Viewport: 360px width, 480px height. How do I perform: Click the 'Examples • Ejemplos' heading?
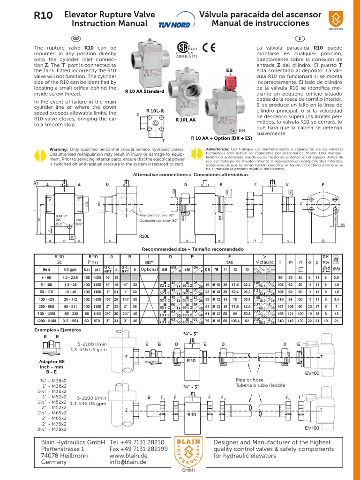click(x=54, y=330)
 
